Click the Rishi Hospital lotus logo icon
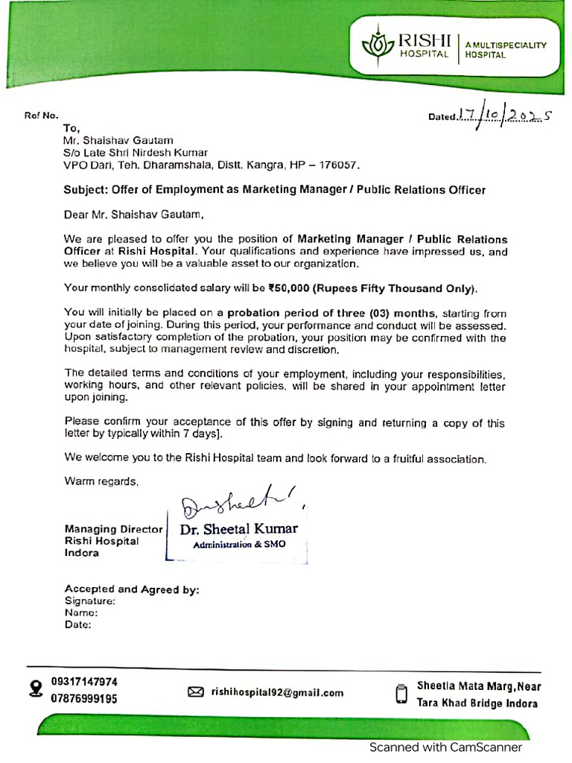378,45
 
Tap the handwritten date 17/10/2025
503,114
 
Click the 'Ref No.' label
41,116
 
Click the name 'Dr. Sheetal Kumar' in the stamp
238,529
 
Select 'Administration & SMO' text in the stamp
238,545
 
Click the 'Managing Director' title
113,529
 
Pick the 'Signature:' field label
89,601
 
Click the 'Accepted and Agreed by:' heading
132,589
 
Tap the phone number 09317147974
84,681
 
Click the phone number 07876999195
84,699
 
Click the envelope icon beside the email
195,692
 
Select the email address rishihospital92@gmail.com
277,692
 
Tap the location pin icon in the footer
35,689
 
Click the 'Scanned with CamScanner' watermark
445,747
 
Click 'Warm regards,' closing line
101,481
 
